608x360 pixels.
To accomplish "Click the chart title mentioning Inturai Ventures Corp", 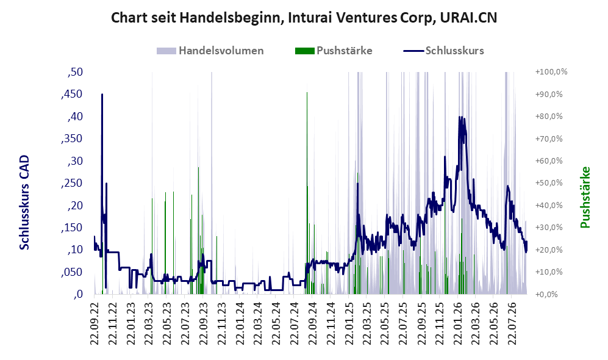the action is pos(304,18).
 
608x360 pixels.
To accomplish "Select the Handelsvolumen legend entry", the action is pos(210,51).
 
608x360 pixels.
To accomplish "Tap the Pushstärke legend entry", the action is pos(334,51).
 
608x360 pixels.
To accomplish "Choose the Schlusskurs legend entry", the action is pos(443,51).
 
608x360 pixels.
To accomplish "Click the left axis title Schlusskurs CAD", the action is pos(24,203).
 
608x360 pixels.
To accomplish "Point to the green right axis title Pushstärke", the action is pos(585,198).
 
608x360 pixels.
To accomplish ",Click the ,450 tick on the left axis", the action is pos(72,94).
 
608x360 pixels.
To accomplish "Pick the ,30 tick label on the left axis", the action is pos(75,161).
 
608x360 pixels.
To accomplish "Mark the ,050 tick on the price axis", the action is pos(72,272).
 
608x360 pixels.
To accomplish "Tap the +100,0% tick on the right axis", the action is pos(551,72).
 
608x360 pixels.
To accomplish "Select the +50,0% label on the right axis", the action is pos(549,182).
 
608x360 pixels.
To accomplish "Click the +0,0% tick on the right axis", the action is pos(546,294).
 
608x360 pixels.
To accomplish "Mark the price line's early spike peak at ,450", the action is pos(102,94).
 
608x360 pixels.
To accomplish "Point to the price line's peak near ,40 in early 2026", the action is pos(460,117).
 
